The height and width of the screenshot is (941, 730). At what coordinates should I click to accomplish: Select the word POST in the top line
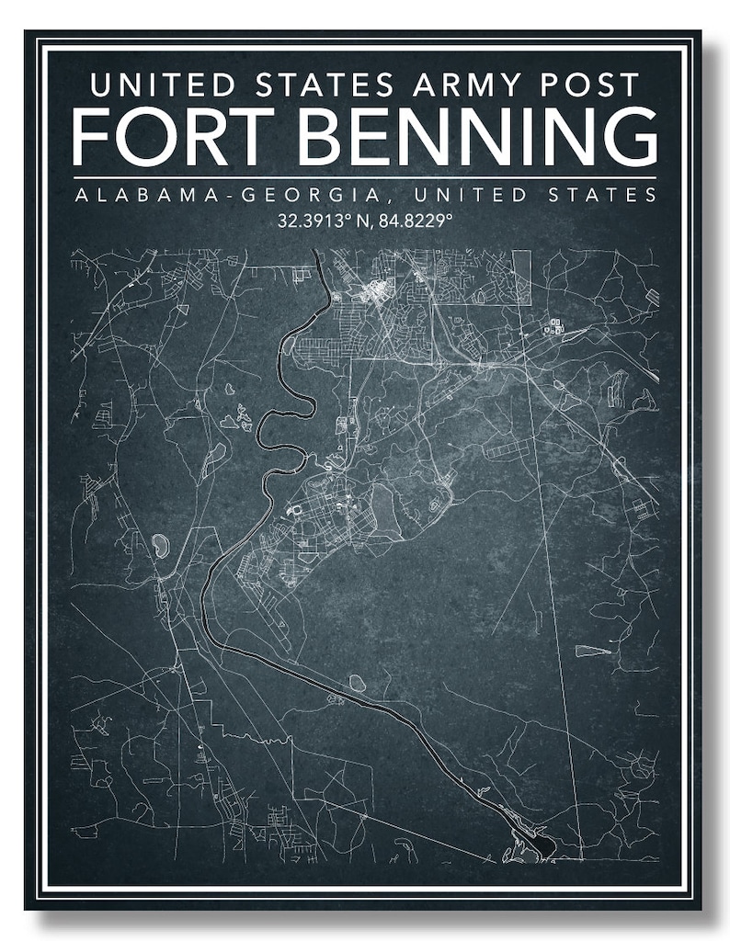[x=589, y=85]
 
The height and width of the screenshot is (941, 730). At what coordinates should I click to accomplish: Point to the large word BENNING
[x=479, y=137]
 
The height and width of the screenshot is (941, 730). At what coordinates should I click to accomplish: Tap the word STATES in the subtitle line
[x=604, y=195]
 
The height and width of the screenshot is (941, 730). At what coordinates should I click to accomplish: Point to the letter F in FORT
[x=92, y=137]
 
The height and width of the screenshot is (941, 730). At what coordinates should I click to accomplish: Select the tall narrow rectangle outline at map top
[x=521, y=277]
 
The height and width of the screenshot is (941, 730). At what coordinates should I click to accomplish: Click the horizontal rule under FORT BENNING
[x=365, y=176]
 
